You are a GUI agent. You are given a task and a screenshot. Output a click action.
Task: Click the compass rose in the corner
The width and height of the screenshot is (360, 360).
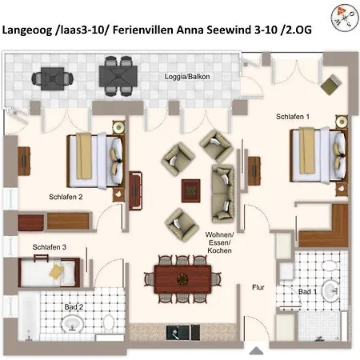tap(345, 18)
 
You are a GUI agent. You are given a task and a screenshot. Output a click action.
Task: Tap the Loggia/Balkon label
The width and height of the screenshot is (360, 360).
tap(187, 77)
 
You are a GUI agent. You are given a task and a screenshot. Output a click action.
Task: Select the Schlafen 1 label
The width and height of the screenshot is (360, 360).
tap(293, 117)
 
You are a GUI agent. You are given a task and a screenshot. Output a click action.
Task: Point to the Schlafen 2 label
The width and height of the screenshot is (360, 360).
tap(66, 197)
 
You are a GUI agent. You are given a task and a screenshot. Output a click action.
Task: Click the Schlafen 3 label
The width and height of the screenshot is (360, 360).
tap(50, 247)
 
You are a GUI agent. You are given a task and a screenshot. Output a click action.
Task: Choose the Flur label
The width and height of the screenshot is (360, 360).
tap(258, 287)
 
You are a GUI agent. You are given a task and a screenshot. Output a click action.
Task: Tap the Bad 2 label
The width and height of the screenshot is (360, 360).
tap(74, 307)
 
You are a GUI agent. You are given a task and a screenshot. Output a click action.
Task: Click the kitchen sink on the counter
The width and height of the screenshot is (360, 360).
tap(178, 332)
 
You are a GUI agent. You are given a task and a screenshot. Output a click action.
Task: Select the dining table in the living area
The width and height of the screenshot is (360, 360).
tap(182, 279)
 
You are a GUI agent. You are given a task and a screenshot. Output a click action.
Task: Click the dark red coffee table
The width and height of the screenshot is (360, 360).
tap(191, 191)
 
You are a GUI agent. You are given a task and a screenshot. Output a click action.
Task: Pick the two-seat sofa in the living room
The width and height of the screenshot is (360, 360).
tap(223, 194)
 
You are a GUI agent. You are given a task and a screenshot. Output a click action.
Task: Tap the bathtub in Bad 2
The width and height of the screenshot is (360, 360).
tap(29, 316)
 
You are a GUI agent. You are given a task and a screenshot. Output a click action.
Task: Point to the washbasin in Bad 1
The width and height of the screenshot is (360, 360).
tap(331, 290)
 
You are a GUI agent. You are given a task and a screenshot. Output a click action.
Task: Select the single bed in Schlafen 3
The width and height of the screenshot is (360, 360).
tap(49, 272)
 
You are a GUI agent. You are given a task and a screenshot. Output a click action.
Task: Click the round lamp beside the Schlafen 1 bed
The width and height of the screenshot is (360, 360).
tap(342, 122)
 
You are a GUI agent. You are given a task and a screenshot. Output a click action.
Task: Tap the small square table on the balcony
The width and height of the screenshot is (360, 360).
tap(53, 78)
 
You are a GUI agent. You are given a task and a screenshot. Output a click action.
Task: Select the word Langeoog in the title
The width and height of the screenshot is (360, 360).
tap(27, 30)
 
